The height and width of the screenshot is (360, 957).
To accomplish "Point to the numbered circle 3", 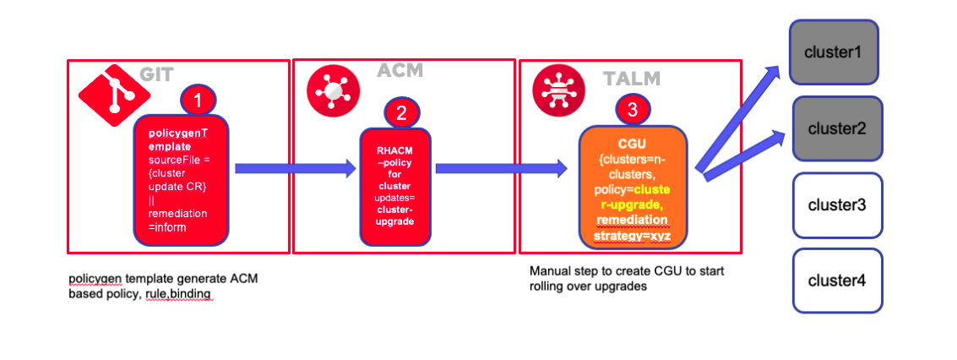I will click(633, 109).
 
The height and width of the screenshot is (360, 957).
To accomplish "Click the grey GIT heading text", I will click(157, 74).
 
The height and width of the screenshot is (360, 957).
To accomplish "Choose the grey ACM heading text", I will click(400, 71).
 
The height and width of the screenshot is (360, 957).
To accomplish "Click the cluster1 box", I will click(833, 52).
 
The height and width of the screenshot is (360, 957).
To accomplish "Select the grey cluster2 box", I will click(836, 128).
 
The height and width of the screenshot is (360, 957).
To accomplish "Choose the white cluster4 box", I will click(836, 281).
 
